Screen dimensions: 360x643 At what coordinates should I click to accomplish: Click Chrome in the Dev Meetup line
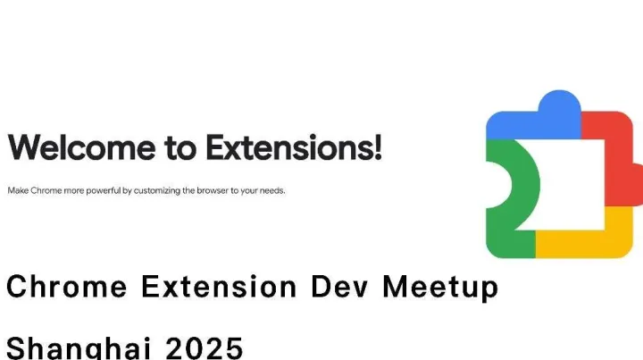pyautogui.click(x=62, y=288)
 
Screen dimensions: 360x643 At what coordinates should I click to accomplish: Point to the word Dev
pyautogui.click(x=342, y=288)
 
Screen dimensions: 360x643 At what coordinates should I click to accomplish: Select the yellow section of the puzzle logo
pyautogui.click(x=580, y=239)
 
